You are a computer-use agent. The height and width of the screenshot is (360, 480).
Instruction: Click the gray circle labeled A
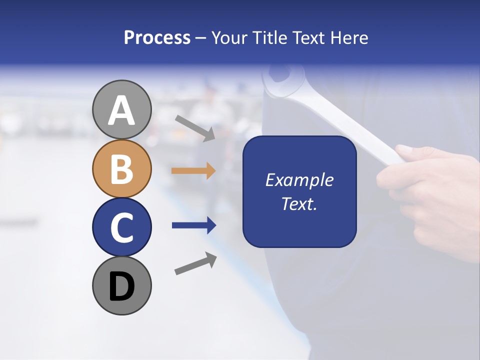[121, 109]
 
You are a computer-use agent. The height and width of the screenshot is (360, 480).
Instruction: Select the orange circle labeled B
[121, 168]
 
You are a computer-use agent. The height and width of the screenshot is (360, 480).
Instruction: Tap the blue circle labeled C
[121, 227]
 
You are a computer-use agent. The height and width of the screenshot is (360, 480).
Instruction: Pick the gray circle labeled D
[121, 285]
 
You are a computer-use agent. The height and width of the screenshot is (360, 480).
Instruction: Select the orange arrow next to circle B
[193, 170]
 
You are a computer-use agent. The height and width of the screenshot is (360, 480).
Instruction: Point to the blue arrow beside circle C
[193, 225]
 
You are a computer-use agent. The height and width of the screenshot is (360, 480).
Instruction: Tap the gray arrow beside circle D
[195, 263]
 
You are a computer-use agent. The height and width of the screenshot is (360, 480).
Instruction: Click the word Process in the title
[157, 38]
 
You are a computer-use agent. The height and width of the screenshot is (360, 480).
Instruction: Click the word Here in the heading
[348, 38]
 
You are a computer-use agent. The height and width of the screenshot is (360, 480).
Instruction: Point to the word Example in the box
[299, 180]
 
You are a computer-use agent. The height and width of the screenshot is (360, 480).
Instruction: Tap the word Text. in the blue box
[299, 203]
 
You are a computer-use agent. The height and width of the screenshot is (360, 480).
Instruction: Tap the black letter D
[121, 286]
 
